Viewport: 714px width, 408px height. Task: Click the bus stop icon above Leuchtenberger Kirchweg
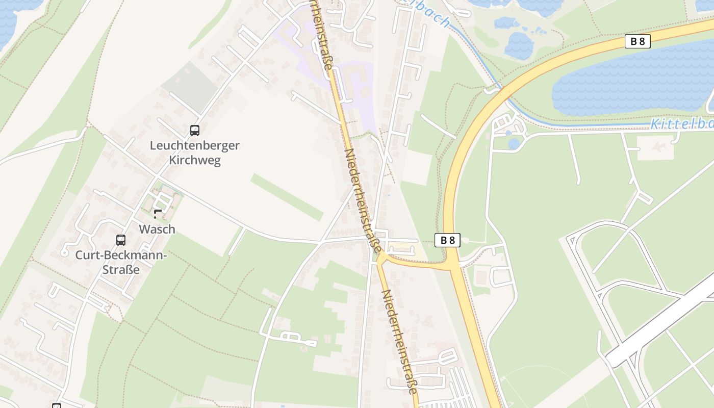tap(194, 131)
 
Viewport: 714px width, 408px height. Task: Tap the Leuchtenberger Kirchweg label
tap(194, 152)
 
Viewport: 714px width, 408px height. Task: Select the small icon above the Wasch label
tap(158, 214)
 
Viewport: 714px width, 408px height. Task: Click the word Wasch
tap(157, 229)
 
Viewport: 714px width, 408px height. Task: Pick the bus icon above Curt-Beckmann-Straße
tap(121, 240)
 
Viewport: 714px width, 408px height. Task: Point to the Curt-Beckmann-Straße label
tap(121, 262)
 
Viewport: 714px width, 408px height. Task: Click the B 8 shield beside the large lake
tap(637, 41)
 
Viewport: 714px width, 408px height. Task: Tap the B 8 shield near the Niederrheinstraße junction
tap(447, 240)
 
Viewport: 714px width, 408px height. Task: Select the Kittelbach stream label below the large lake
tap(681, 124)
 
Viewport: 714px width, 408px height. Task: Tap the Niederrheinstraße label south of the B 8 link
tap(400, 342)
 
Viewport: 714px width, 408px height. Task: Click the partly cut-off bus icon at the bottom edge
tap(57, 405)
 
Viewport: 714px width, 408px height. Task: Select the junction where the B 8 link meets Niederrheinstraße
tap(381, 258)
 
